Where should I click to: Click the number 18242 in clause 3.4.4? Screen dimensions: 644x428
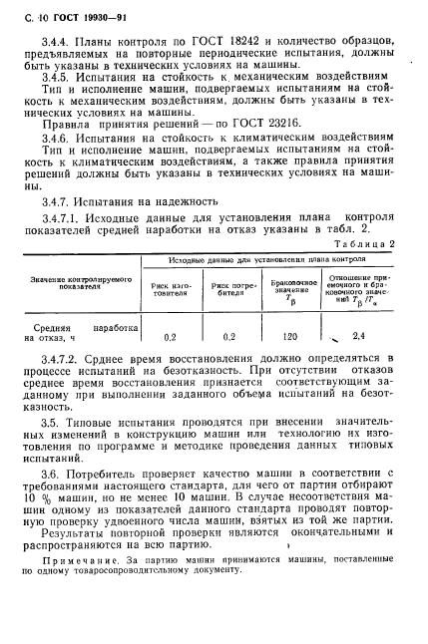pyautogui.click(x=225, y=39)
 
